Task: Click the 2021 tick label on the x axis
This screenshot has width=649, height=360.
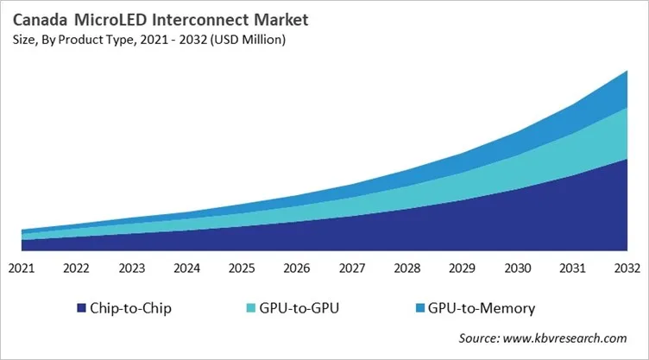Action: click(22, 268)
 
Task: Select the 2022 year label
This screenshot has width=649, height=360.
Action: click(77, 268)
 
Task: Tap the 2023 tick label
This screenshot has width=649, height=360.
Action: click(131, 268)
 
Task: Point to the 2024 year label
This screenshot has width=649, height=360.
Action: click(186, 268)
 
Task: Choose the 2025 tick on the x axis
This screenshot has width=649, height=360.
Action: click(242, 268)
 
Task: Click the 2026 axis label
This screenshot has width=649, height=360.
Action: click(297, 268)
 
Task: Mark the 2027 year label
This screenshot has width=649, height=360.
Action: click(351, 268)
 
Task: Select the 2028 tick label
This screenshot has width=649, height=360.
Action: click(406, 268)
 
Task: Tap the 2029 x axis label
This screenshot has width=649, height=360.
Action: click(462, 268)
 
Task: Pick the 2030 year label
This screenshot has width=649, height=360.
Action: click(517, 268)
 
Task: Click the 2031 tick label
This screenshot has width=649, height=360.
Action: click(571, 268)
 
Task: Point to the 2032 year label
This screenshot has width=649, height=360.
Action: click(627, 268)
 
